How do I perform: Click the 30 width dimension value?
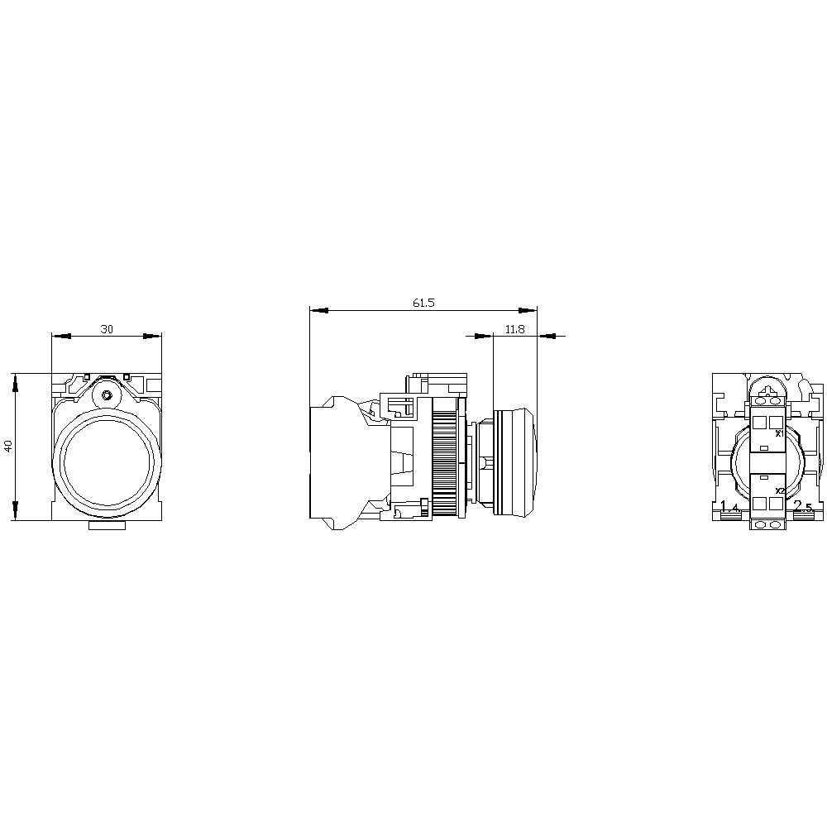107,329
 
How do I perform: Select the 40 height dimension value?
8,446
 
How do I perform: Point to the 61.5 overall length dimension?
423,304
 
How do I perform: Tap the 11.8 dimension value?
514,329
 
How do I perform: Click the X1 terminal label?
778,433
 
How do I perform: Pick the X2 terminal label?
779,491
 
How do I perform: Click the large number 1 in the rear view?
724,506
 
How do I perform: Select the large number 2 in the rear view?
797,506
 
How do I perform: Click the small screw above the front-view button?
106,395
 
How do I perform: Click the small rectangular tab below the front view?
106,525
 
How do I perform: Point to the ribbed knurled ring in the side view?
444,457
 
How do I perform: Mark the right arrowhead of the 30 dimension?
152,337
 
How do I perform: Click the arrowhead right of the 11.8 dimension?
547,337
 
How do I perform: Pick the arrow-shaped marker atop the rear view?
766,389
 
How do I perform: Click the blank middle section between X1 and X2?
766,462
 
